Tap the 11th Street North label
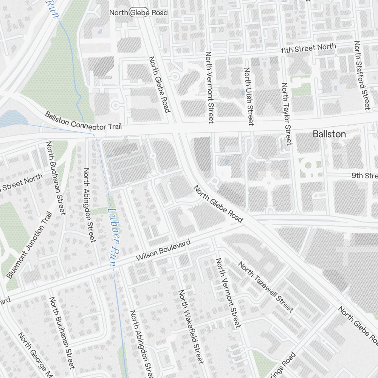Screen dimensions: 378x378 click(308, 49)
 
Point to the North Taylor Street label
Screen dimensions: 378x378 click(286, 114)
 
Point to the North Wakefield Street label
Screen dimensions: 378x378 click(191, 327)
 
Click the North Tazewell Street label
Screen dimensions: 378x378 click(265, 287)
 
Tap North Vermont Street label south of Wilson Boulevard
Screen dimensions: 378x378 click(228, 293)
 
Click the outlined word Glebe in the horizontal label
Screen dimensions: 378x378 click(138, 13)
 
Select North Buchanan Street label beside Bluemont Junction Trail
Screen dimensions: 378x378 click(56, 178)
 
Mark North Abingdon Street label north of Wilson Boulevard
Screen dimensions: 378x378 click(89, 204)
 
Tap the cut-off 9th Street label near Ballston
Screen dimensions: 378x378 click(364, 176)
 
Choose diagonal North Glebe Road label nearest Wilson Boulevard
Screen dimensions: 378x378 click(218, 204)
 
